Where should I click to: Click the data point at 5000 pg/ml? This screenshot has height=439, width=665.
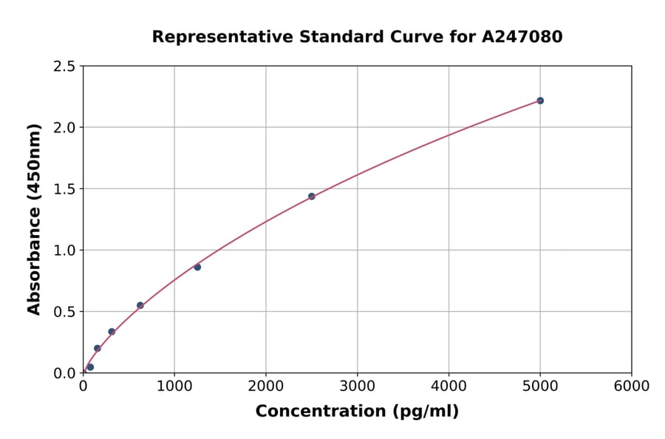tap(540, 101)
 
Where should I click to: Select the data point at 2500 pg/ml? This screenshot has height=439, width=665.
tap(312, 197)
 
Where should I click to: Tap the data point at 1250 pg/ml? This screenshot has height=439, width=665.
tap(197, 267)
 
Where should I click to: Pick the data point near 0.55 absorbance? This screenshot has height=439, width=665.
tap(140, 305)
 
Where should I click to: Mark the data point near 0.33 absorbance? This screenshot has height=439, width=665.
tap(112, 332)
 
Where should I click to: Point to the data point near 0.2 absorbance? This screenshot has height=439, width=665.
tap(98, 348)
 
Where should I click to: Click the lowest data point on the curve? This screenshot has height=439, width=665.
tap(90, 367)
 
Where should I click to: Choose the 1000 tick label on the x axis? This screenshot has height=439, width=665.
tap(174, 387)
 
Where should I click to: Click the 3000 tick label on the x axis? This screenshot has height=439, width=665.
tap(358, 387)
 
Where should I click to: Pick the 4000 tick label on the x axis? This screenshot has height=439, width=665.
tap(449, 387)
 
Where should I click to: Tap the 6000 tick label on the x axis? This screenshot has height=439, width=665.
tap(632, 387)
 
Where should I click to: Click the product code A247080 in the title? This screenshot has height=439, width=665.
tap(522, 37)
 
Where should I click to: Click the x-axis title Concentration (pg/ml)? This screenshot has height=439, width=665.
tap(357, 412)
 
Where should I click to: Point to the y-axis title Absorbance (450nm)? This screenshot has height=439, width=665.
tap(34, 219)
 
